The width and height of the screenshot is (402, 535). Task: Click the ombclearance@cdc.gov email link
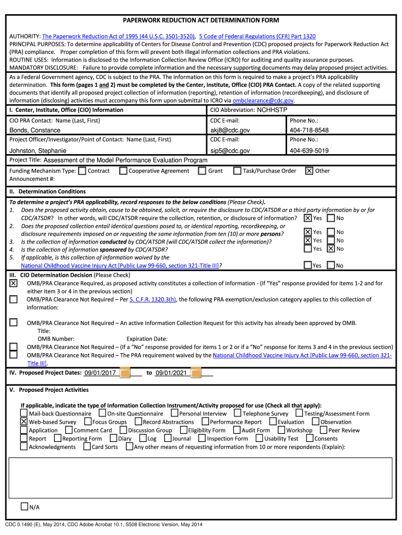264,100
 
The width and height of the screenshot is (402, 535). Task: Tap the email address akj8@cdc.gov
230,130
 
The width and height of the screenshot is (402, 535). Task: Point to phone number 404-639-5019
309,150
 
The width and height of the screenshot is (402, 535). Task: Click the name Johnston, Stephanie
38,150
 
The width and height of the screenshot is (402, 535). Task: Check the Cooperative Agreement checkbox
123,171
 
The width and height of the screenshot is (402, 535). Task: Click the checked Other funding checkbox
309,171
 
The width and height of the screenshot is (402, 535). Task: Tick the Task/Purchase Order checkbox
238,171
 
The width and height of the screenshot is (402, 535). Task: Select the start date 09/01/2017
100,373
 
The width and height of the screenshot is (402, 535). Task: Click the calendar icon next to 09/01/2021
196,373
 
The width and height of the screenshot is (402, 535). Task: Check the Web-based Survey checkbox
24,422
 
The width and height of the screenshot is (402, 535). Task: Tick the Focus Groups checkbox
88,422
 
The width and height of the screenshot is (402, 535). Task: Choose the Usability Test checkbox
259,438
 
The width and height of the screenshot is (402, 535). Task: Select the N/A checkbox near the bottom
24,507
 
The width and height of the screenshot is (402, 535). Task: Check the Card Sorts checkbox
87,447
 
